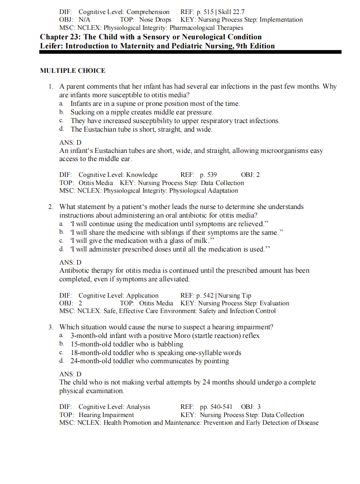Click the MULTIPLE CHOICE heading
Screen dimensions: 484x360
(x=72, y=71)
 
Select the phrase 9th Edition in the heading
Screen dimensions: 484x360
(x=255, y=46)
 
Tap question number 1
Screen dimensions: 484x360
(x=52, y=86)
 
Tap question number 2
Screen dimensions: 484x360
(x=52, y=207)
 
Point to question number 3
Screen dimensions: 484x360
(x=52, y=327)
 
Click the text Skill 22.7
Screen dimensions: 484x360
(x=232, y=12)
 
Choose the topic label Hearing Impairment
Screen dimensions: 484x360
(x=106, y=415)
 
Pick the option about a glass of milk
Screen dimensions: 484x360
(x=141, y=241)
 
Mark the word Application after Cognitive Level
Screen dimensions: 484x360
(x=142, y=295)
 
